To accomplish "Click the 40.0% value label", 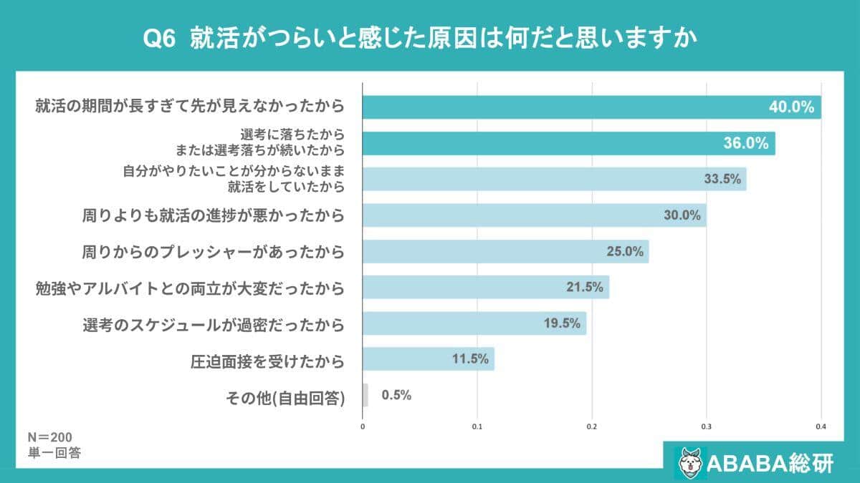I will click(x=792, y=107).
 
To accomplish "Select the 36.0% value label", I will click(x=746, y=143).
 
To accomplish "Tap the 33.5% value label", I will click(x=722, y=180).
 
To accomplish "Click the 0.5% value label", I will click(x=396, y=395).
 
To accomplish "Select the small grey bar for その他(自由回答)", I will click(x=365, y=395).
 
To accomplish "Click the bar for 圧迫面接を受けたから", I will click(x=428, y=359).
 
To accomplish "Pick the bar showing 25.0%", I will click(x=505, y=251).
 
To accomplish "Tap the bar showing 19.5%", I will click(x=474, y=323).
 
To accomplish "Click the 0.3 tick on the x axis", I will click(x=707, y=427).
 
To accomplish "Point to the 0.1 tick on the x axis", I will click(x=477, y=427).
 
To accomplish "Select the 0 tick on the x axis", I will click(x=363, y=427).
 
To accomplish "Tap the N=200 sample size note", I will click(x=49, y=437).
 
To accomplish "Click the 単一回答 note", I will click(x=54, y=452).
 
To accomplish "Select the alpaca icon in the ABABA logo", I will click(x=690, y=462).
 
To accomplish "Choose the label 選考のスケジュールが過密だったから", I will click(x=213, y=324).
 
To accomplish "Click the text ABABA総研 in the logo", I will click(x=770, y=463).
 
